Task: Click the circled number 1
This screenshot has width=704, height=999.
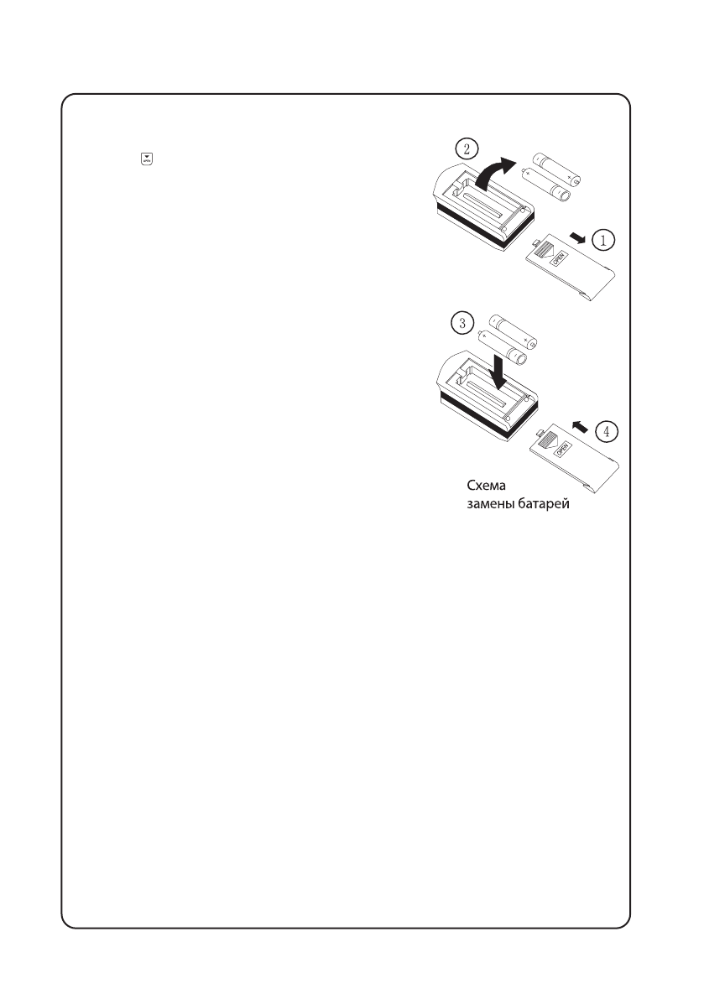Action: tap(602, 240)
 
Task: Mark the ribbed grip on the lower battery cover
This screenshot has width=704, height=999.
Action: tap(548, 440)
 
